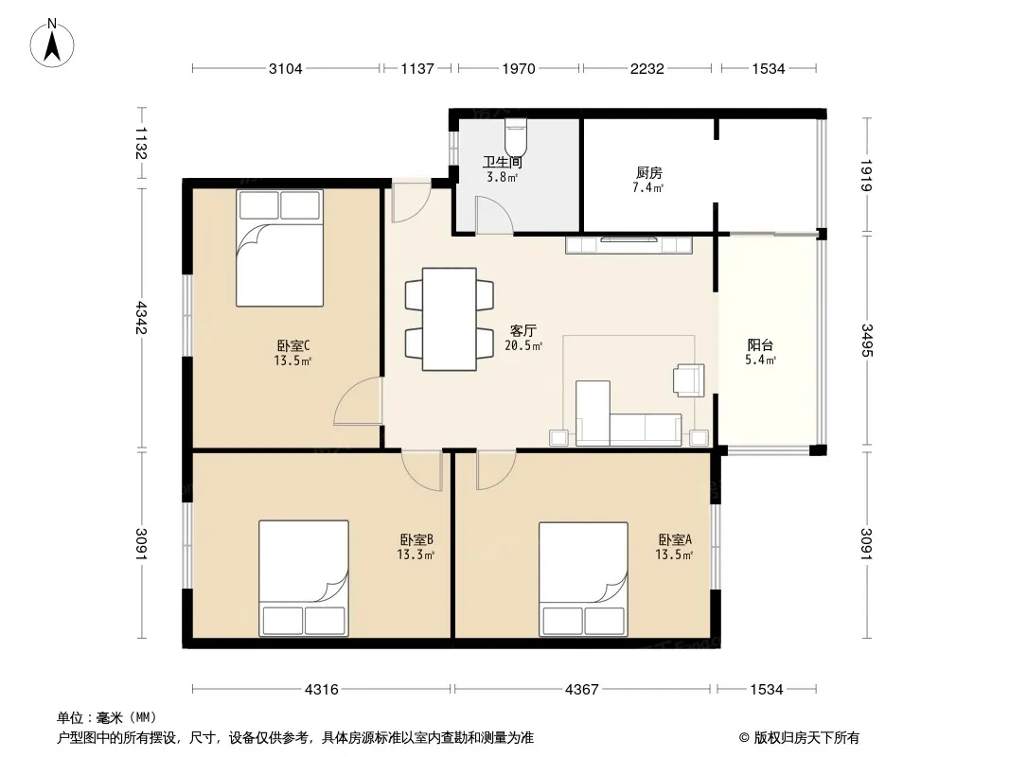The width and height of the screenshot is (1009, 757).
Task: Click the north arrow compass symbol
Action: pos(52,44)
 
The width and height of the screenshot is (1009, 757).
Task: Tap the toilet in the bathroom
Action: pos(516,134)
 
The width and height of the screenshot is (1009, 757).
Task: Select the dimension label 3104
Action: pos(285,68)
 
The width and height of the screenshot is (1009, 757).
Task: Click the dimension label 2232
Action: pos(646,68)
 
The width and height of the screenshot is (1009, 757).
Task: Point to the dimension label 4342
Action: pos(141,318)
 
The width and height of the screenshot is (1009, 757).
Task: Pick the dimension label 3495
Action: pos(867,341)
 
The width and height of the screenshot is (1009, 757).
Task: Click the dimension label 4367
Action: pos(582,690)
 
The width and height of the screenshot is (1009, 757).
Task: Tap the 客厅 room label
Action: pos(522,330)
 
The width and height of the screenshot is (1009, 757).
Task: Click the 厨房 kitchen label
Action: pos(648,172)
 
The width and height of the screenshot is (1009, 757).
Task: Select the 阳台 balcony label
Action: pos(760,345)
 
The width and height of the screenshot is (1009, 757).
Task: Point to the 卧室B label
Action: pos(416,539)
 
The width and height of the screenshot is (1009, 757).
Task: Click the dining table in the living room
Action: pos(450,319)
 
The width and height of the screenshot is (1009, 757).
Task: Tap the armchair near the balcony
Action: pos(688,379)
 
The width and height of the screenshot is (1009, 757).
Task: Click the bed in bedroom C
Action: pos(279,248)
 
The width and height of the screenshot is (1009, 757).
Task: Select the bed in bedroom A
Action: pos(583,579)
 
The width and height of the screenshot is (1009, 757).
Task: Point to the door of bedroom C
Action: pos(358,400)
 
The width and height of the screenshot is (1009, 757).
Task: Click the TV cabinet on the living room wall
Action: pos(628,245)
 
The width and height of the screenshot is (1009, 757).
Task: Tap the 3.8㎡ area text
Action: pos(502,177)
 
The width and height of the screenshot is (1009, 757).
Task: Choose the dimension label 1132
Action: pos(141,143)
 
